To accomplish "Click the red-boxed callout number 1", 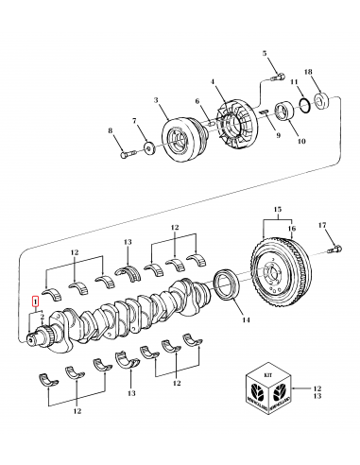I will (36, 301).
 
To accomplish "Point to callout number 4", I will (213, 81).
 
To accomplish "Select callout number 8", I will (111, 130).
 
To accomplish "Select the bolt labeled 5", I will (278, 74).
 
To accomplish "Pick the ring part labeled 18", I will (322, 97).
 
